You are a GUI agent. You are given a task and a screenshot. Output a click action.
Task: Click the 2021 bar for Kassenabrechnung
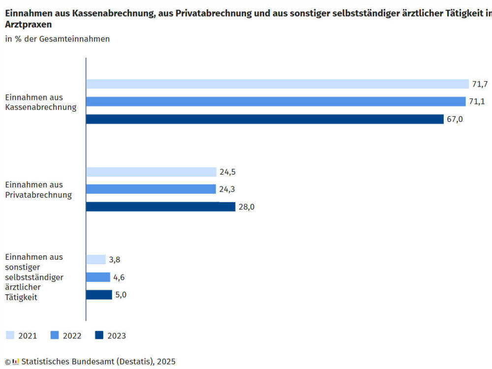277,84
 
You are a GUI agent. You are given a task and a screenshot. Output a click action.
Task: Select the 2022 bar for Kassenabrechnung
276,102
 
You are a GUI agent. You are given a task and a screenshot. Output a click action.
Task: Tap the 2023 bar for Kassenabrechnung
265,119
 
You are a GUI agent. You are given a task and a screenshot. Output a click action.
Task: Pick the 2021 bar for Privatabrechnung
151,172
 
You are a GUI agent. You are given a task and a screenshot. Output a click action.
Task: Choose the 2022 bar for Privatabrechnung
151,189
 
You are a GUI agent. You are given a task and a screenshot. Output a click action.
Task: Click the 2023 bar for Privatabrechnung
160,207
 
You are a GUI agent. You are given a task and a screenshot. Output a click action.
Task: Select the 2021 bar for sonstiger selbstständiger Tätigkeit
96,260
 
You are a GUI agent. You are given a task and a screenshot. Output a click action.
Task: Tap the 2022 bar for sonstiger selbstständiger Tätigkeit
98,277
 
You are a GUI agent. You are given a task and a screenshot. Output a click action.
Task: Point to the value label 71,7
480,84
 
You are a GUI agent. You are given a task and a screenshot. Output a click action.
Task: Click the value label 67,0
455,119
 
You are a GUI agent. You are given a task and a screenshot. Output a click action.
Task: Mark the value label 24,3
227,189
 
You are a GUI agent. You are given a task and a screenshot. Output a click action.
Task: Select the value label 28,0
246,207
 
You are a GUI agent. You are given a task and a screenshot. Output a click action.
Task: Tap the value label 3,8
115,260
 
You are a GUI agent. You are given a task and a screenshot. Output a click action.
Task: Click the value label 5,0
121,295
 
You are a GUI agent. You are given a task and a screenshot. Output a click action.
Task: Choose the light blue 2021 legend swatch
10,336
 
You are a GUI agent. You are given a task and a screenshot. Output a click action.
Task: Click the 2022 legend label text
72,336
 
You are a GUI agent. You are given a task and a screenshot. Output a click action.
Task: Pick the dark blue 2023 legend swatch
99,336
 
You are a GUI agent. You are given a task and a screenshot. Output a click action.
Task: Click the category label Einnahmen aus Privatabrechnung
38,190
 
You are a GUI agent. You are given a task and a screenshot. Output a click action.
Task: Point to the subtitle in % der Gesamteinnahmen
58,39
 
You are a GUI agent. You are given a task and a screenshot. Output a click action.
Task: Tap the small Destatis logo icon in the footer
16,362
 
